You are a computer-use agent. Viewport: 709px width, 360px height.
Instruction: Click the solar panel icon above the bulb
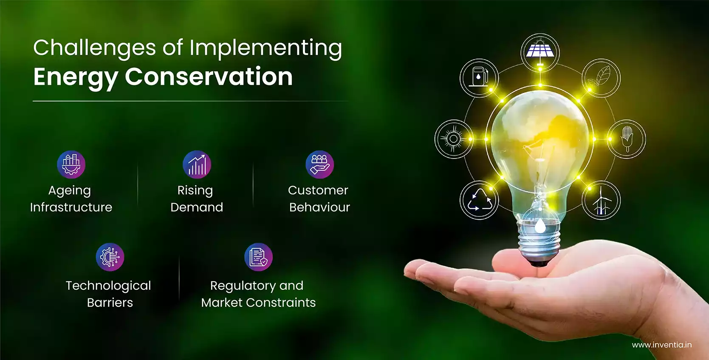540,52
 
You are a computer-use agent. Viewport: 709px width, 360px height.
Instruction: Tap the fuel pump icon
479,78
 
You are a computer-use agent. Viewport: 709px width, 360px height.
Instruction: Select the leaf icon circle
601,78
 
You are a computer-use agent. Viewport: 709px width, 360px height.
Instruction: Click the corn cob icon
627,139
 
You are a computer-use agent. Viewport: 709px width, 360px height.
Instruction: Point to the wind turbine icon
601,200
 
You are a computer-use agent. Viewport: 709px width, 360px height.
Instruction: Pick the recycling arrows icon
479,200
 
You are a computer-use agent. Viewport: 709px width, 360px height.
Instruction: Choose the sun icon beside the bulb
454,139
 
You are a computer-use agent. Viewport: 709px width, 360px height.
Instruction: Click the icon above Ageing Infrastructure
71,164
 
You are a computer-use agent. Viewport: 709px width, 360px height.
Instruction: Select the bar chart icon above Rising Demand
197,164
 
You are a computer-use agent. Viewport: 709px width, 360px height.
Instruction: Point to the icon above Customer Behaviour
320,164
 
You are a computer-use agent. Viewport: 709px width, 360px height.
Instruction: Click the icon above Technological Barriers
110,257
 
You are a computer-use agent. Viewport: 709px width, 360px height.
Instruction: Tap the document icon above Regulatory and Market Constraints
258,257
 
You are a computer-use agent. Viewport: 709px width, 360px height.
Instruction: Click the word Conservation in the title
209,77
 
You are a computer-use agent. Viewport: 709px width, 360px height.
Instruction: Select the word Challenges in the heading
94,48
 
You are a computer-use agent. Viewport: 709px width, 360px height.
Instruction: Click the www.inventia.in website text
662,345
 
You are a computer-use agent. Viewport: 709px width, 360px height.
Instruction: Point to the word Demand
197,207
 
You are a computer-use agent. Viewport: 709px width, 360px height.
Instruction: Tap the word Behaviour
320,207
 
